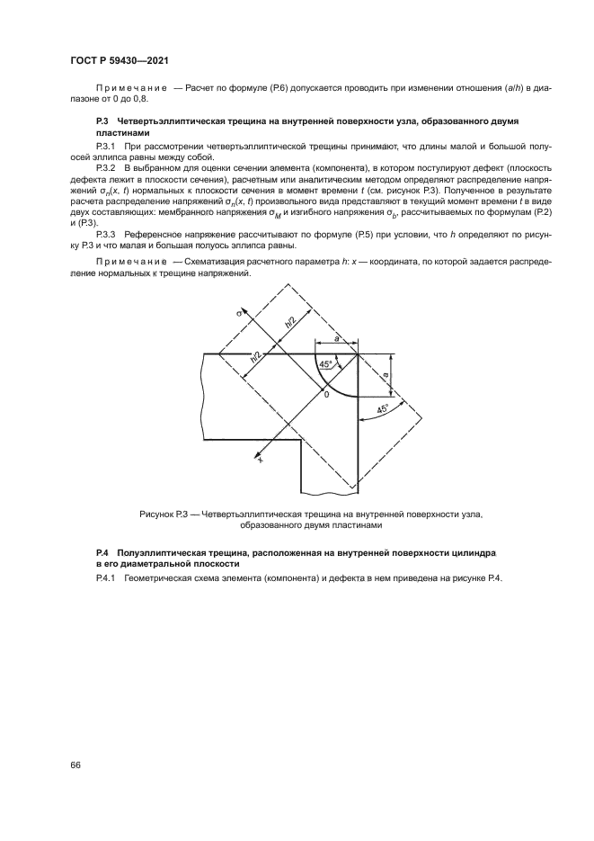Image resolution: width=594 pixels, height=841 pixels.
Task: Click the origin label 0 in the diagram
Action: pos(327,394)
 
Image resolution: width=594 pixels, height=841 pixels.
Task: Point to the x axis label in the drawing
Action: pos(261,459)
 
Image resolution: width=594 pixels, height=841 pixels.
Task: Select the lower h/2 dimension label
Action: pos(256,357)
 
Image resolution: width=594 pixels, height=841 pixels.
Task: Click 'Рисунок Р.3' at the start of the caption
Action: pos(164,514)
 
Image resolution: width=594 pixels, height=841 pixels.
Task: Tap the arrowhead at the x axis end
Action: pos(264,452)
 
